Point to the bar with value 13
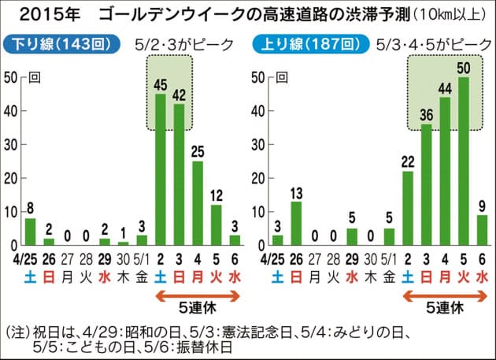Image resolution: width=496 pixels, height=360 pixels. tap(295, 221)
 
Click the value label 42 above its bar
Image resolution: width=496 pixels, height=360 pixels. tap(179, 95)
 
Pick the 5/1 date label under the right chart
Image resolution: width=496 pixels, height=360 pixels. tap(389, 257)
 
